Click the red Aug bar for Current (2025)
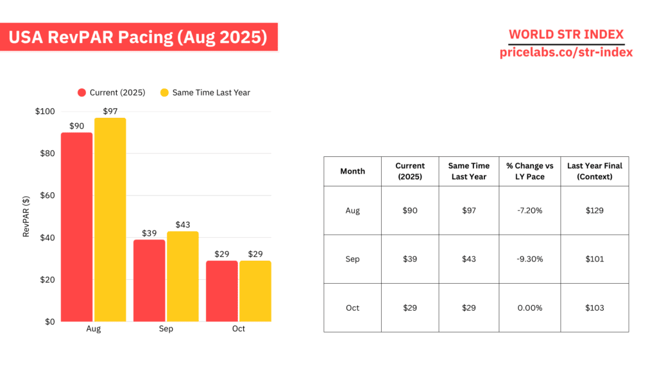click(x=76, y=227)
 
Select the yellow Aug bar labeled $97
click(x=110, y=220)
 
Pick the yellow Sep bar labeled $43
click(x=183, y=277)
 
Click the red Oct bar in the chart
click(x=222, y=291)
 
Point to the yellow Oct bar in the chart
click(x=255, y=291)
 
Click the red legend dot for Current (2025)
click(x=81, y=92)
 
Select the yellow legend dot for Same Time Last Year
click(x=164, y=92)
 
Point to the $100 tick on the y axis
click(x=44, y=111)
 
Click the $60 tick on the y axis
click(x=46, y=195)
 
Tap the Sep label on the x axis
click(x=166, y=329)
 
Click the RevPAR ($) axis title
click(x=27, y=217)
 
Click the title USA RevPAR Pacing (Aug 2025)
click(x=138, y=37)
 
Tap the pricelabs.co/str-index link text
click(x=566, y=53)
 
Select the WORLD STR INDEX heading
click(x=566, y=35)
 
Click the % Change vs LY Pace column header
click(x=529, y=171)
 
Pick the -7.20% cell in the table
click(x=529, y=210)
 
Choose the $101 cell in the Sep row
click(x=595, y=259)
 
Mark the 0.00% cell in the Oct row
click(x=529, y=307)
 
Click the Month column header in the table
click(x=352, y=171)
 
